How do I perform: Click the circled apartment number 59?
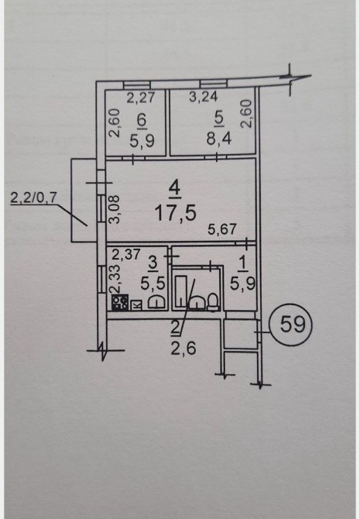tap(291, 325)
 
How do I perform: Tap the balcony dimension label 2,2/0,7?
tap(34, 198)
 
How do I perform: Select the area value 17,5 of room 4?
tap(176, 213)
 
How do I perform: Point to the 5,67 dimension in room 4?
tap(222, 229)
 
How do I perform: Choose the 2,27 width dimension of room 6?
tap(141, 98)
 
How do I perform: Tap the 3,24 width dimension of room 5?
tap(204, 97)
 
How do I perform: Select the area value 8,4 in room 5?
tap(219, 139)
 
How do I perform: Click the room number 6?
tap(142, 120)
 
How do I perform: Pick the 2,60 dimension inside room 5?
tap(248, 114)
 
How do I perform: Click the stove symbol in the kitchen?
tap(120, 303)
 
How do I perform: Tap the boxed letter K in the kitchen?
tap(136, 305)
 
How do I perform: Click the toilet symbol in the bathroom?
tap(213, 301)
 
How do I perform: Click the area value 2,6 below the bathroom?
tap(183, 349)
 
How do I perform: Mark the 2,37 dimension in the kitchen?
tap(126, 255)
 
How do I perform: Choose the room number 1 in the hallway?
tap(242, 264)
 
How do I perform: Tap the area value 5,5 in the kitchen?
tap(153, 284)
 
